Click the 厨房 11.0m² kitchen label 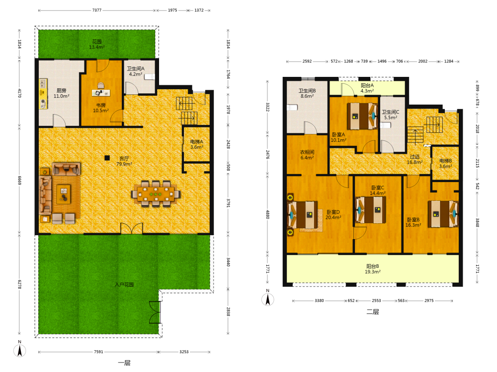(62, 93)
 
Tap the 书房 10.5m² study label (101, 108)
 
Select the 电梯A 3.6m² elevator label (196, 144)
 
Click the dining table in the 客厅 (156, 193)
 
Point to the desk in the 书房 (101, 93)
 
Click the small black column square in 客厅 (107, 158)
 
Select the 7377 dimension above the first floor (97, 10)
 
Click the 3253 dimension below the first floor (184, 352)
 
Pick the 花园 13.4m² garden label (97, 44)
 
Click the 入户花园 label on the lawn (124, 284)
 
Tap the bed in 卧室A (362, 116)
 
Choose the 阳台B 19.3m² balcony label (372, 269)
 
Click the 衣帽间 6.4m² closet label (307, 155)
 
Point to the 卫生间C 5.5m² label (391, 115)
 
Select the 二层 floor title (373, 311)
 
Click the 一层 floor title (124, 363)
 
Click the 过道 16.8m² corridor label (414, 159)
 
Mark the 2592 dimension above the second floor (307, 61)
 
